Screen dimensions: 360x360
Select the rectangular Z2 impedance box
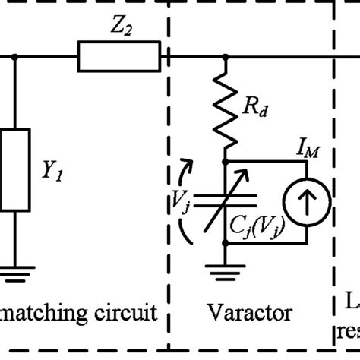118,55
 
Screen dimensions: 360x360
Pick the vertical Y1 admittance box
15,172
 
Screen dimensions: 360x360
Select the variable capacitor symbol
226,201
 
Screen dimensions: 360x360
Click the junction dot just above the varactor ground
226,242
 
